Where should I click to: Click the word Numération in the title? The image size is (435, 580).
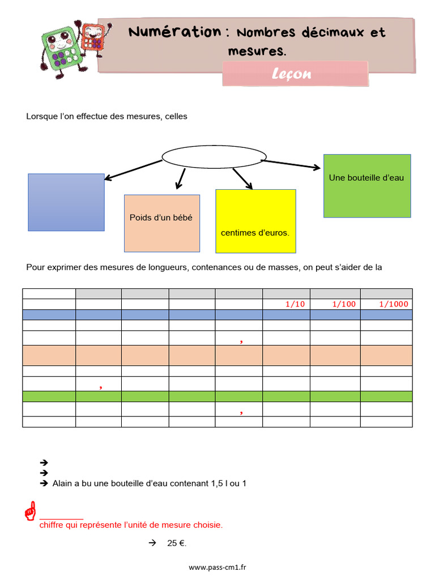coord(174,32)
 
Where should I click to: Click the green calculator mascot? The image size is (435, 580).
coord(60,50)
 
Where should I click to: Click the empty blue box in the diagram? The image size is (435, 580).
coord(66,202)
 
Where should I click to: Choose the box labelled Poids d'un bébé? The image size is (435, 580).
coord(162,223)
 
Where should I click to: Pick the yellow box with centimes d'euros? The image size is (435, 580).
coord(255,221)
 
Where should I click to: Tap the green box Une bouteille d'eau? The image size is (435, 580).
coord(367,185)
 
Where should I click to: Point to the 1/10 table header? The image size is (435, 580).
coord(295,304)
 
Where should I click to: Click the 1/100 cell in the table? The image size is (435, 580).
coord(344,304)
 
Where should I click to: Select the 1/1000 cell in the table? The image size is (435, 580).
coord(394,304)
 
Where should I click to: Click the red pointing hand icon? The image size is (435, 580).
coord(30,511)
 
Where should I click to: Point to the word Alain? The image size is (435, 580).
coord(63,484)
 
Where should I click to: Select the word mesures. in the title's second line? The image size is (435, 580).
coord(257,51)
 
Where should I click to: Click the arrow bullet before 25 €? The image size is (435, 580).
coord(152,543)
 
